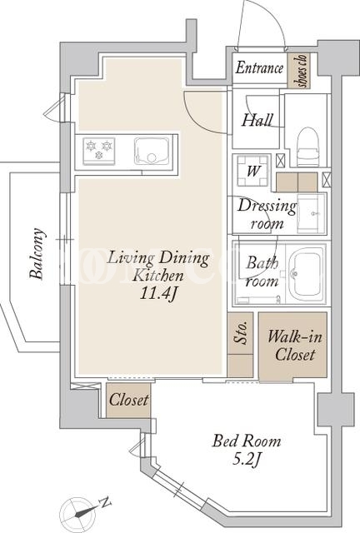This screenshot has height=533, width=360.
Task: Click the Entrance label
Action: pyautogui.click(x=259, y=67)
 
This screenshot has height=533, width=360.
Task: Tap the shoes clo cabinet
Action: pyautogui.click(x=299, y=71)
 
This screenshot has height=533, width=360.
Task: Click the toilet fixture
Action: pyautogui.click(x=308, y=147)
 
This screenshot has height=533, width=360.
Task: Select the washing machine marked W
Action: pyautogui.click(x=252, y=171)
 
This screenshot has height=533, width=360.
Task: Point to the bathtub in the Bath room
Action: pyautogui.click(x=306, y=274)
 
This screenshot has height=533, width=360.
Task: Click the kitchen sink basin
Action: pyautogui.click(x=152, y=151)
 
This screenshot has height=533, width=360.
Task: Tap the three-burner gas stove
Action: pyautogui.click(x=98, y=151)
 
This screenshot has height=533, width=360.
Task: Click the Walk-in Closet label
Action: pyautogui.click(x=294, y=346)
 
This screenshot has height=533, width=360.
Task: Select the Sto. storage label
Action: pyautogui.click(x=241, y=333)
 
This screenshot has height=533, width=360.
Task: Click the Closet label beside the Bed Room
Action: pyautogui.click(x=129, y=400)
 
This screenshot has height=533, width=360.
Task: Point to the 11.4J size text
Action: pyautogui.click(x=157, y=294)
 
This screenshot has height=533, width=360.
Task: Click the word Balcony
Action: pyautogui.click(x=37, y=253)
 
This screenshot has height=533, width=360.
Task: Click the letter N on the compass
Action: pyautogui.click(x=105, y=502)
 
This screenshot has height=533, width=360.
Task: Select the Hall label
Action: pyautogui.click(x=257, y=120)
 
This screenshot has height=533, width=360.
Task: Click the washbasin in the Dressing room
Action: pyautogui.click(x=311, y=213)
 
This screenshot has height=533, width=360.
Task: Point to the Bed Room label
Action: pyautogui.click(x=247, y=441)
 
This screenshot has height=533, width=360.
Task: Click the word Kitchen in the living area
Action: pyautogui.click(x=157, y=275)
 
